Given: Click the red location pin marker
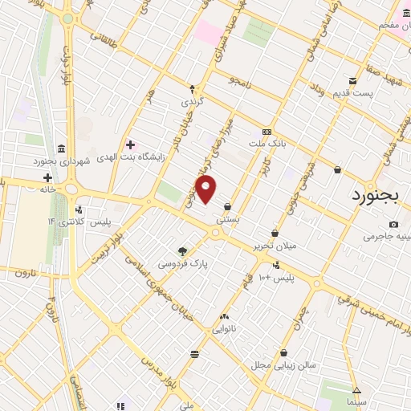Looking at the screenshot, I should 207,190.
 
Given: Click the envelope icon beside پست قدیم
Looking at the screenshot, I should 353,80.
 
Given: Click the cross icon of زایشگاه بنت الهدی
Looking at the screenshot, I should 130,144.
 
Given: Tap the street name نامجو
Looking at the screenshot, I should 239,81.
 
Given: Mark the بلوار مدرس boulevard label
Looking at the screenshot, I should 158,369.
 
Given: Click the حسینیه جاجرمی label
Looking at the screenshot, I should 388,237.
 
